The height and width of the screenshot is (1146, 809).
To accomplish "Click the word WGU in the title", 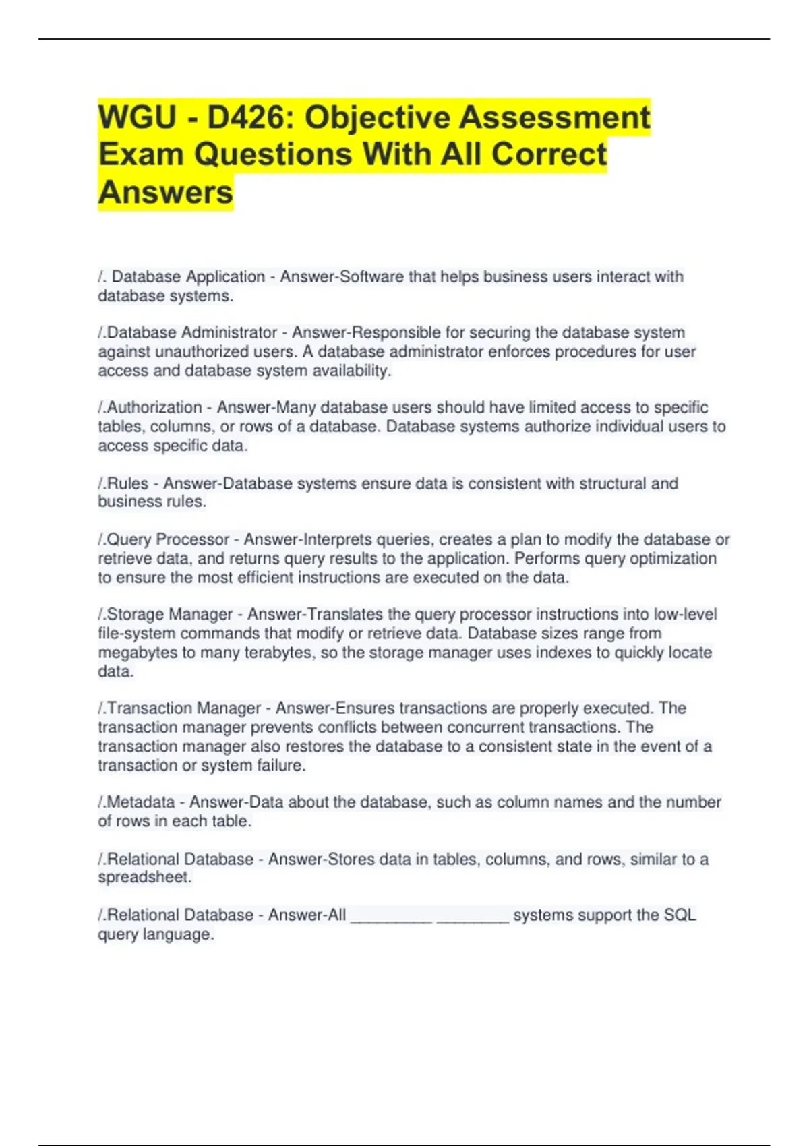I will pos(137,117).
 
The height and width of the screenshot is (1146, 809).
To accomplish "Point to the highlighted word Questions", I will pos(272,154).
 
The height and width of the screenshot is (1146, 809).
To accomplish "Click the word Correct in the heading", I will pos(549,154).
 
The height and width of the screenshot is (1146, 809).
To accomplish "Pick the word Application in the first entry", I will pos(226,277).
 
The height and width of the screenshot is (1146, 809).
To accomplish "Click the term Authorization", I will pos(154,408).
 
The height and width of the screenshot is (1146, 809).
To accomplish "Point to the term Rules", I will pos(127,483).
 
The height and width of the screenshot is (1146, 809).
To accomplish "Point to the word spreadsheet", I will pos(144,878).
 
